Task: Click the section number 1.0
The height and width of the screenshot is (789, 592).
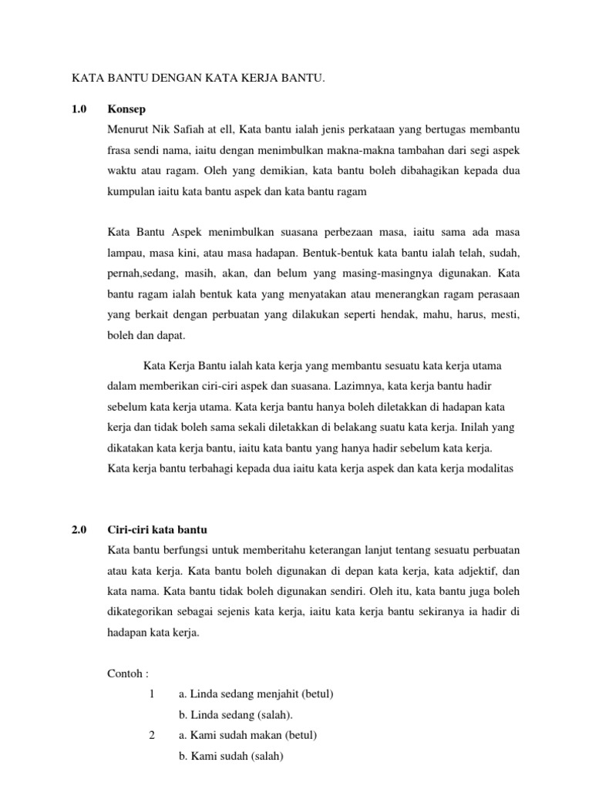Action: click(x=80, y=109)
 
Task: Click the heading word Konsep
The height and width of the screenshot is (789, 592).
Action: click(x=127, y=109)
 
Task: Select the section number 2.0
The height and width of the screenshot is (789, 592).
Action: click(x=80, y=530)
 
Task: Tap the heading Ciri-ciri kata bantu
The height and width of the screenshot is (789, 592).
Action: click(x=159, y=530)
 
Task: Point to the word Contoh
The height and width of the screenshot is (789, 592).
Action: click(x=126, y=673)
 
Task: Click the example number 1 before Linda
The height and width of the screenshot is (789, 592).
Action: click(x=153, y=694)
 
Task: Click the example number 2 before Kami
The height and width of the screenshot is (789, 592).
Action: click(x=153, y=735)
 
